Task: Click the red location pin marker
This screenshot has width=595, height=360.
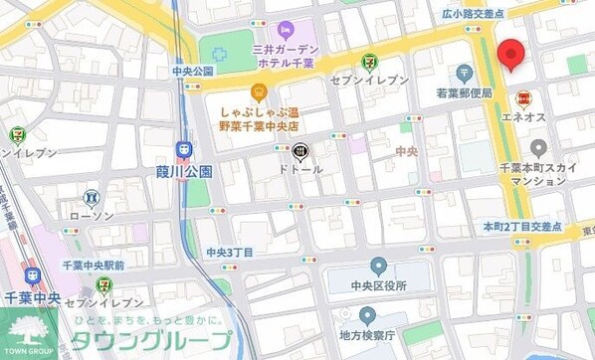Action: tap(510, 56)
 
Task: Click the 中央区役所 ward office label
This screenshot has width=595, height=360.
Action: tap(378, 286)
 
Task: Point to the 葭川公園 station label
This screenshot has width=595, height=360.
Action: tap(184, 171)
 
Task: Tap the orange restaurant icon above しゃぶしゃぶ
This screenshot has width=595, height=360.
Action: tap(258, 93)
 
